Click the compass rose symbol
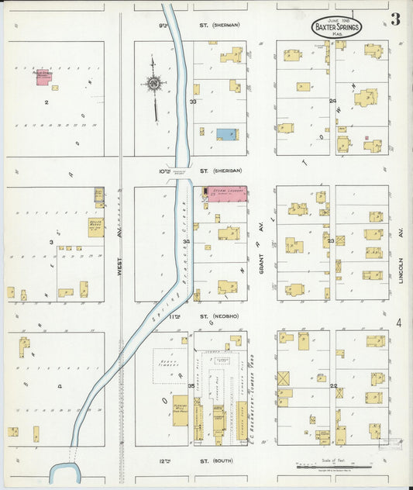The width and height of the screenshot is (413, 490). click(x=154, y=83)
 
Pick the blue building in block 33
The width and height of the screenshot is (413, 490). click(x=227, y=134)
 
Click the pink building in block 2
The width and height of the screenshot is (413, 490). click(x=43, y=77)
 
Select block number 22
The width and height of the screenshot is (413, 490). click(x=334, y=386)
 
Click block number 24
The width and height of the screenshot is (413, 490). click(x=332, y=101)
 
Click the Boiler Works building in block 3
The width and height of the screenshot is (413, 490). click(x=96, y=227)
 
